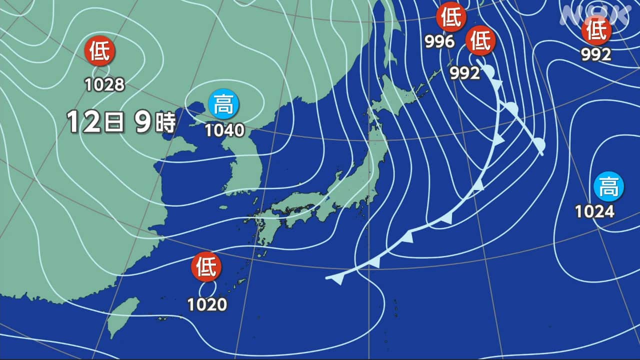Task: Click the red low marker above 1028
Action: (x=100, y=51)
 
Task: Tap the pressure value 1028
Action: (x=104, y=84)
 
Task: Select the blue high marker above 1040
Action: (x=223, y=104)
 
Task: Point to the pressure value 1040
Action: (x=224, y=130)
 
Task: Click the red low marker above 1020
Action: (x=206, y=267)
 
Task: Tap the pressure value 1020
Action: (x=207, y=304)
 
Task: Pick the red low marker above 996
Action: (x=451, y=17)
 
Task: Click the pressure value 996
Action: (x=440, y=42)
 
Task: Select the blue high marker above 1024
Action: (x=608, y=186)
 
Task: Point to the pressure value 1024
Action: (x=594, y=212)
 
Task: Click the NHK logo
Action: (x=595, y=15)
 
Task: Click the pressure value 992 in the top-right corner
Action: (x=596, y=54)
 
